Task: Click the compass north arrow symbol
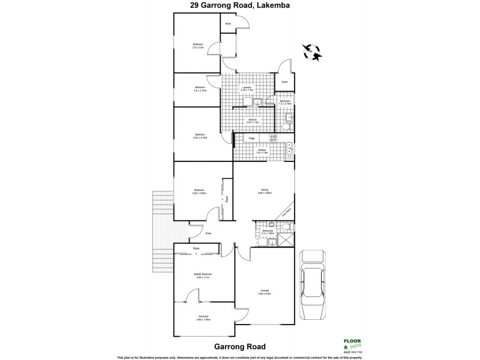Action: [313, 52]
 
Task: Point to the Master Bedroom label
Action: [203, 275]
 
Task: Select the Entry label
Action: [209, 233]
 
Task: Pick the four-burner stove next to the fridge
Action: [275, 138]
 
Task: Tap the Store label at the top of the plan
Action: [228, 24]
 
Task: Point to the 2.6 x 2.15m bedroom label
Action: [200, 89]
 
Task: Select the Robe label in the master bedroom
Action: [196, 248]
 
